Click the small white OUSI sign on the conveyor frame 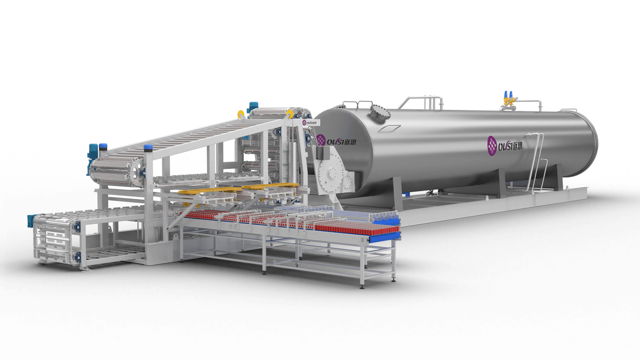pos(308,122)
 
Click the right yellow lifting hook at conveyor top pos(290,113)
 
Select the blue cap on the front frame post pos(148,148)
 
